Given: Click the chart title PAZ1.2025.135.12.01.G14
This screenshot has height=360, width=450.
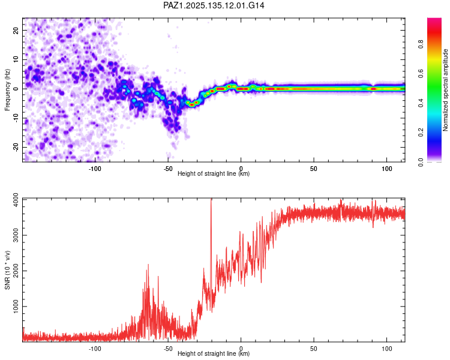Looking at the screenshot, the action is click(x=214, y=5).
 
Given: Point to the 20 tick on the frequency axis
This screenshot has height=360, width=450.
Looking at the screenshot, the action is click(x=16, y=30).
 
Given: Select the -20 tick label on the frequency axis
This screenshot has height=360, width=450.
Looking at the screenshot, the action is click(x=16, y=147).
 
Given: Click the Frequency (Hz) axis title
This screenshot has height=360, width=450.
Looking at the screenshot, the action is click(x=7, y=90).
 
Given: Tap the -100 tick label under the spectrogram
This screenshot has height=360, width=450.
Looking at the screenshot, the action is click(x=95, y=169).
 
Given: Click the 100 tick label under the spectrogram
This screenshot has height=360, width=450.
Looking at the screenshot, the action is click(x=386, y=169).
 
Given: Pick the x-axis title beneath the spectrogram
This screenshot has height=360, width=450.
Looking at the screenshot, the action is click(x=214, y=173).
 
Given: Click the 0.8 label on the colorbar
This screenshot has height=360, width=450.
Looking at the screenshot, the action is click(x=421, y=44).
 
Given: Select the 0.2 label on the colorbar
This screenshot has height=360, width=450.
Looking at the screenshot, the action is click(x=421, y=133).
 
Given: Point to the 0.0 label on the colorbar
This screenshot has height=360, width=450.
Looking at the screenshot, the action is click(x=421, y=162).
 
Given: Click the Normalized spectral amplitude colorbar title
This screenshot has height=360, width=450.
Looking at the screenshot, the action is click(x=445, y=90).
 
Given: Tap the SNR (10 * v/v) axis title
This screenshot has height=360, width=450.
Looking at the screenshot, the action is click(x=7, y=270).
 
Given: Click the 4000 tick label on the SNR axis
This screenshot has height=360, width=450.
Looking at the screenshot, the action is click(x=16, y=200).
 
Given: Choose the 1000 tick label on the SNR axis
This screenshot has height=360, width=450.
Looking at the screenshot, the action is click(x=16, y=307).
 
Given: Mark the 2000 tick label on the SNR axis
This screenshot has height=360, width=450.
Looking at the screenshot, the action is click(x=16, y=271).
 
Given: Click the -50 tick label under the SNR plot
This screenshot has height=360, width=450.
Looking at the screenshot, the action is click(x=168, y=349).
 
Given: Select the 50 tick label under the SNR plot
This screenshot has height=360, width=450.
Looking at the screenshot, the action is click(x=314, y=349).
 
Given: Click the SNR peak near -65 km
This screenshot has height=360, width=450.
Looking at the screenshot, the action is click(x=148, y=265).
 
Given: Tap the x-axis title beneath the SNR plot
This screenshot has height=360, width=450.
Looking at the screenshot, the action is click(x=214, y=353).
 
